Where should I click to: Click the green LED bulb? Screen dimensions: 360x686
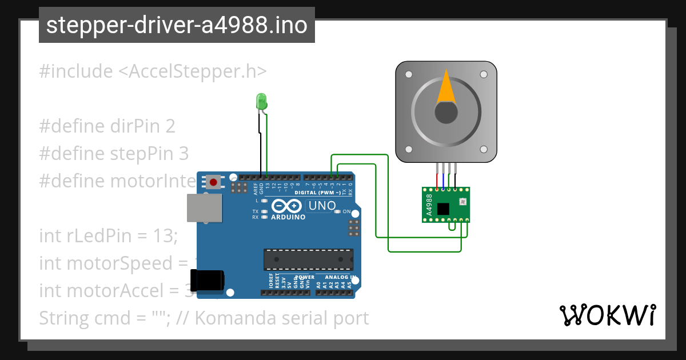point(262,102)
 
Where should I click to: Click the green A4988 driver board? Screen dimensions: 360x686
point(446,204)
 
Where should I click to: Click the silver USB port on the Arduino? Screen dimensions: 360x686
point(204,207)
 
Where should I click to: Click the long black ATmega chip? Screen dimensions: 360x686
point(308,259)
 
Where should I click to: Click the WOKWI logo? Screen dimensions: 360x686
point(608,315)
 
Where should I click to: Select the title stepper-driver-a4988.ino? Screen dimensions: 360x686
point(177,25)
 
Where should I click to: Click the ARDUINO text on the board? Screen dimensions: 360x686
point(288,217)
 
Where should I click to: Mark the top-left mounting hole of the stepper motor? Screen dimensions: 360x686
point(409,74)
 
